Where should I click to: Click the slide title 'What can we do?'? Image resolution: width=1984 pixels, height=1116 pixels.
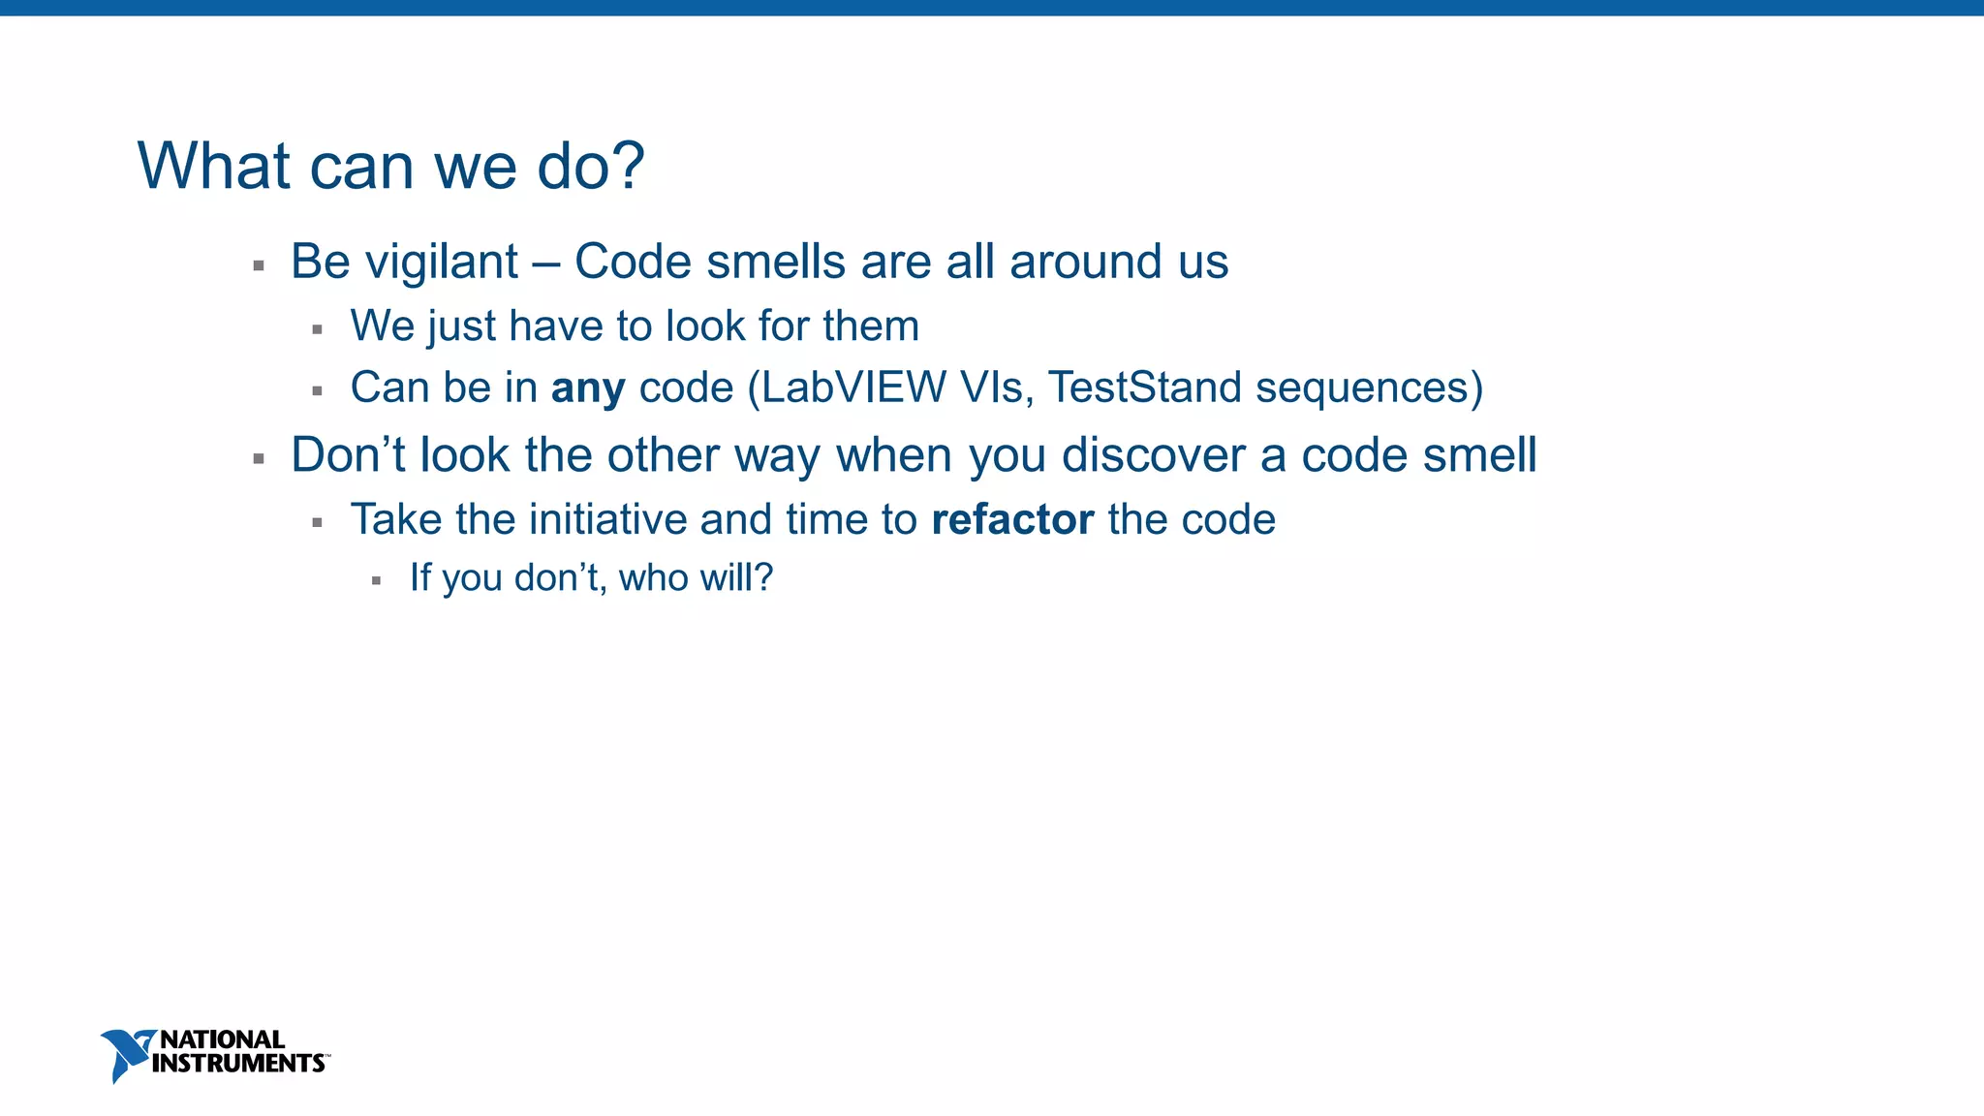pos(390,166)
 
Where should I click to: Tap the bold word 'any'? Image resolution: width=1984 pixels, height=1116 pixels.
pos(588,388)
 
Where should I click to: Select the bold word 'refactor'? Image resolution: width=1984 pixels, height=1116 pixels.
pos(1012,519)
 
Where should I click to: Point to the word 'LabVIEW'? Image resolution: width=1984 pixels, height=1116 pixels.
pos(853,387)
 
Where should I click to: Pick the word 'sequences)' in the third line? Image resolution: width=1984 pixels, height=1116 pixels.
pos(1369,387)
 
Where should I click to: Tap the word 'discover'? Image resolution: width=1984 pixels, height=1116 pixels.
pos(1153,454)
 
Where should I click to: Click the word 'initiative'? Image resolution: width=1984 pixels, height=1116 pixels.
pos(607,519)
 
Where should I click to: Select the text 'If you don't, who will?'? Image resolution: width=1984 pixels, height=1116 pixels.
pos(591,577)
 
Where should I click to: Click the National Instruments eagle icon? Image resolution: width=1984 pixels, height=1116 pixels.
pos(125,1054)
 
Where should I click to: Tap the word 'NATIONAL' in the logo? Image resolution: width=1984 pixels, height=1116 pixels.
pos(222,1039)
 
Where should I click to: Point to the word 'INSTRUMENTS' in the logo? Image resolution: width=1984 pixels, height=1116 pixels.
pos(238,1064)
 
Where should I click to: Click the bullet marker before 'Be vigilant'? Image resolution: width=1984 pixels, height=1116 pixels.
pos(259,265)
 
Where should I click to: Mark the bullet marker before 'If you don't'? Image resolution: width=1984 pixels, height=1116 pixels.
pos(376,581)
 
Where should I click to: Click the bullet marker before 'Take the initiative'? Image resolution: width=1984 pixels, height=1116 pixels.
pos(317,523)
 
